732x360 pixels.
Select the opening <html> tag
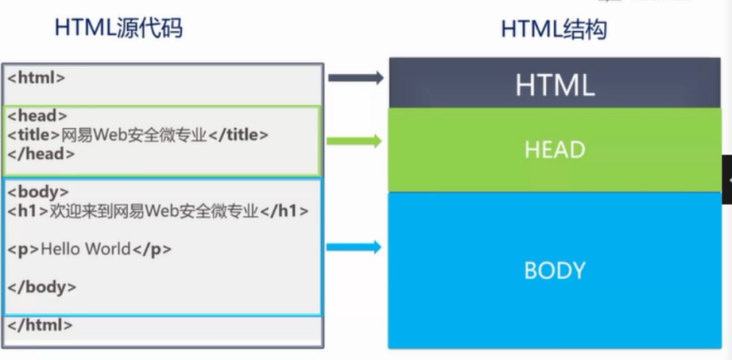coord(37,77)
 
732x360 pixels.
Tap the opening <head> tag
coord(37,116)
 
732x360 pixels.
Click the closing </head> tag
coord(41,153)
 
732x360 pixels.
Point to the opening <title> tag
coord(34,134)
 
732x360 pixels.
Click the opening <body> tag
coord(38,191)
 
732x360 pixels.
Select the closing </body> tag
coord(41,286)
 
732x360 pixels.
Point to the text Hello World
coord(86,249)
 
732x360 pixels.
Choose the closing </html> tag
coord(41,324)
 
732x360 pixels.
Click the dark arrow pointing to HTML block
coord(355,78)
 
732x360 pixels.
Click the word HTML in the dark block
coord(555,86)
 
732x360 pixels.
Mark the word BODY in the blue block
coord(555,270)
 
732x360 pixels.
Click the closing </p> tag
coord(151,249)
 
